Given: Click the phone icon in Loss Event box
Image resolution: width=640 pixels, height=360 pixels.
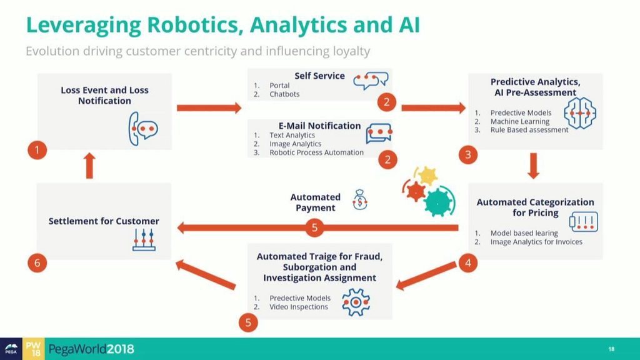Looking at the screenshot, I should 142,129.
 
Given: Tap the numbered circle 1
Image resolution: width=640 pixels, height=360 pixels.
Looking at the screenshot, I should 37,150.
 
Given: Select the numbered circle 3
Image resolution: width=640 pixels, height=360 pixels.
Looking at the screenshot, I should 468,154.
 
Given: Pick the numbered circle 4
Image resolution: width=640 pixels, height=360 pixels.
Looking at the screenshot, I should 468,263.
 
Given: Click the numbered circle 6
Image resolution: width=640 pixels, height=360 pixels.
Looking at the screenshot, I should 37,263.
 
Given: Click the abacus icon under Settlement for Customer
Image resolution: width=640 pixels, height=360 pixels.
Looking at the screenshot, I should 144,240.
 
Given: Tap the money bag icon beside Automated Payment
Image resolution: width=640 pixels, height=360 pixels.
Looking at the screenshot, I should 361,200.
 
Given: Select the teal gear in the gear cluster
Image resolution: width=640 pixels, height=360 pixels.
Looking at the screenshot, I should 440,200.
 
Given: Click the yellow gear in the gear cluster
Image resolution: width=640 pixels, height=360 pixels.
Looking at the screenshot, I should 427,176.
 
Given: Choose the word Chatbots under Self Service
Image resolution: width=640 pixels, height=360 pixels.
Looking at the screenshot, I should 284,94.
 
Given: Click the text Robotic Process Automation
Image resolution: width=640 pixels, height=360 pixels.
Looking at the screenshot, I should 316,152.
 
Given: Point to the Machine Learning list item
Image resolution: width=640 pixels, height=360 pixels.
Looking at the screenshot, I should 520,121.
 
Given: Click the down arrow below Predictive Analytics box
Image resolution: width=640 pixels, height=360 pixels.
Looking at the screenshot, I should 533,166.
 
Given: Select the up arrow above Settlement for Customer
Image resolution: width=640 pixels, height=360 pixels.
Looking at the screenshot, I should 89,166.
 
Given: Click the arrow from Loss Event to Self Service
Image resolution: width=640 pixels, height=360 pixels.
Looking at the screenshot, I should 209,108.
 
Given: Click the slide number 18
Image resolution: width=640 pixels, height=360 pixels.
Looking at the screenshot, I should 611,349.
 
